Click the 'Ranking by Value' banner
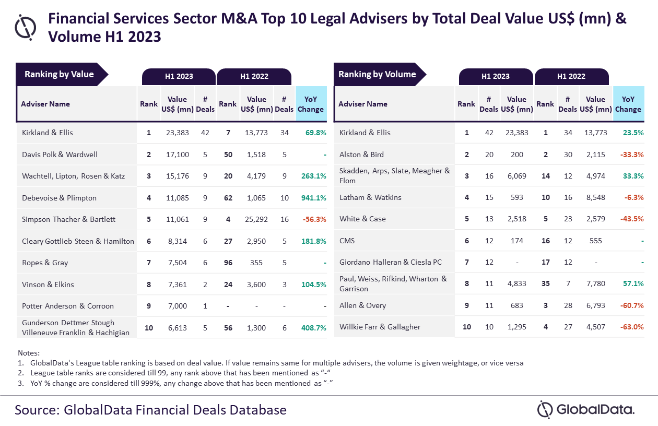tap(60, 74)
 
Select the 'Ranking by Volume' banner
tap(377, 74)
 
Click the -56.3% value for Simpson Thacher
tap(314, 220)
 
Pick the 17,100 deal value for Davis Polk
tap(178, 155)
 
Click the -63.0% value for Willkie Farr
tap(630, 327)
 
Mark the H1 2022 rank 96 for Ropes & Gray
tap(228, 263)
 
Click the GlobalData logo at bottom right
tap(586, 410)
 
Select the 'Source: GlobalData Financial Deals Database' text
tap(150, 410)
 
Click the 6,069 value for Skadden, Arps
tap(517, 176)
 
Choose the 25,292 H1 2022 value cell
tap(256, 220)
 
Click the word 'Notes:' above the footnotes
tap(29, 353)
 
